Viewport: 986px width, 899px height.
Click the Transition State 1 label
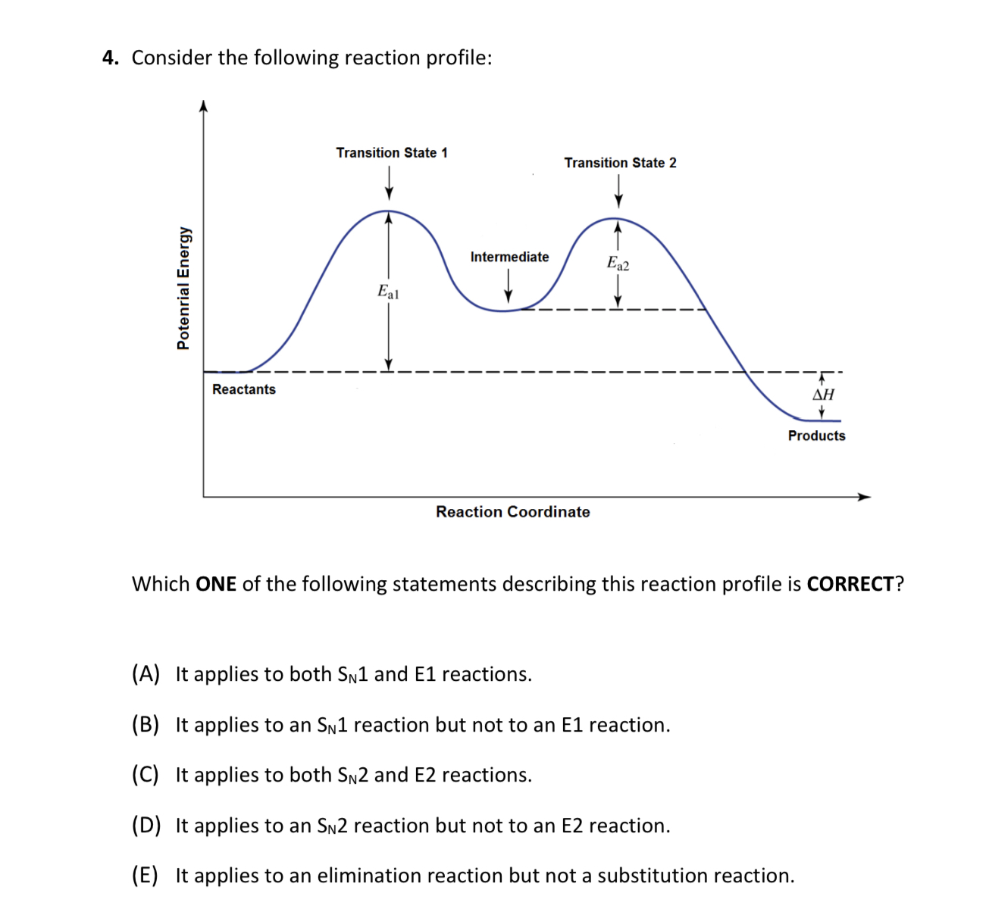point(392,153)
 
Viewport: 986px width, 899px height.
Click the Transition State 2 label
point(620,163)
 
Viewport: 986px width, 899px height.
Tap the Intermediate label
point(509,257)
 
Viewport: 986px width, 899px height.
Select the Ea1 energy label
point(388,292)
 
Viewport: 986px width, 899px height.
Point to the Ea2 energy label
point(618,264)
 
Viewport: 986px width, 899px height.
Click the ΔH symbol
point(823,394)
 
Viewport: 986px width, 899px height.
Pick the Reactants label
point(244,389)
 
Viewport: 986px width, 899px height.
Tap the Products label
point(816,435)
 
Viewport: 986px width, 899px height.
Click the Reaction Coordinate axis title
point(512,512)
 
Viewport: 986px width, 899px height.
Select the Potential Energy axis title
point(183,288)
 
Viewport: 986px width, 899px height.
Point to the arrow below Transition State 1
point(389,183)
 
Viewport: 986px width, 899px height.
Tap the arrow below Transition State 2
point(618,192)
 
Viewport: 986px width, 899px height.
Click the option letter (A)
point(146,674)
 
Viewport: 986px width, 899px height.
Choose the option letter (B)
point(146,725)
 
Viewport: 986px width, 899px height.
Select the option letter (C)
point(146,775)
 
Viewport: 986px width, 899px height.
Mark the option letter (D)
point(146,826)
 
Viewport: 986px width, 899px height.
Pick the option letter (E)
point(146,876)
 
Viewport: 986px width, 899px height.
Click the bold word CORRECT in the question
point(850,584)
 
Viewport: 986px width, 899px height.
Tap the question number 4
point(111,58)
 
